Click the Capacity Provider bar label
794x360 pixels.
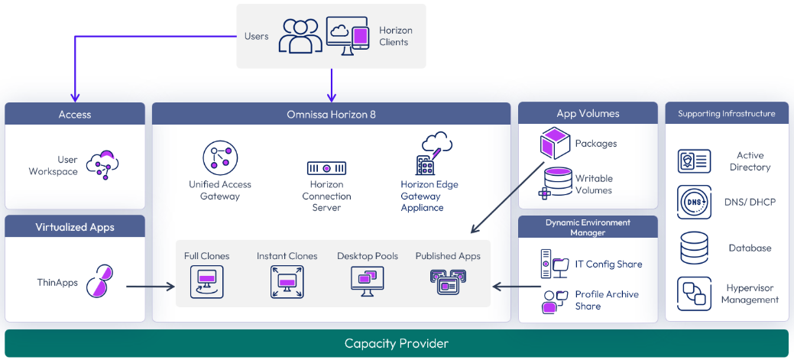tap(396, 344)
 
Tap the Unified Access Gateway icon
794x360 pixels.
tap(220, 158)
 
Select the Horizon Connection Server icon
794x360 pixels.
tap(326, 167)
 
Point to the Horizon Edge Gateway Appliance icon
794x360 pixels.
tap(429, 154)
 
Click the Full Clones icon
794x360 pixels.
tap(206, 281)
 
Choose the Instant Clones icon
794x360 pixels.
tap(287, 281)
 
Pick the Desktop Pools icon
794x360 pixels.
tap(368, 281)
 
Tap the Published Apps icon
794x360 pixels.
tap(448, 282)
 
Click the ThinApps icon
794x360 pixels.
tap(100, 281)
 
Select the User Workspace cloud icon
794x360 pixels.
tap(103, 164)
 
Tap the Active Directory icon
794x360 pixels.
tap(694, 161)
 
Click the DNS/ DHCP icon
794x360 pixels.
tap(694, 202)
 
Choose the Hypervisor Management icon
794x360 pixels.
tap(694, 294)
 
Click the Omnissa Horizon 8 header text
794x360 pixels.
tap(331, 115)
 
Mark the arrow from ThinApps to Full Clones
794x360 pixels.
tap(151, 287)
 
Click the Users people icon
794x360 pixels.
tap(300, 36)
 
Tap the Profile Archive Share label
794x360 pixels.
tap(607, 300)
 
